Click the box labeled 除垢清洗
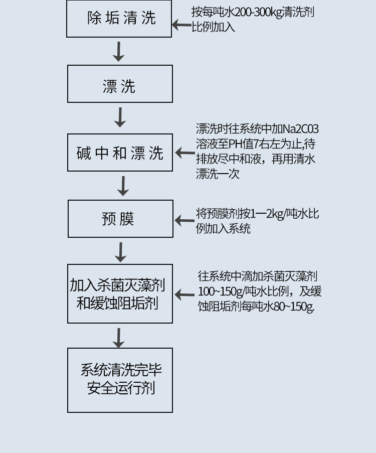pos(119,19)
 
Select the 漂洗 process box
pos(120,84)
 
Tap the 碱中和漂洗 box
pos(120,153)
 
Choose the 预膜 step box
pos(120,219)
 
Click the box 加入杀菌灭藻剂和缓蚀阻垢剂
pos(120,293)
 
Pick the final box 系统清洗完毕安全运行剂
pos(120,380)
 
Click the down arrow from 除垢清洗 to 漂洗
pos(118,51)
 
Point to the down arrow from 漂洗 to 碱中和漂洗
pos(120,117)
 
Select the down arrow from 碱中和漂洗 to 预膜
pos(123,186)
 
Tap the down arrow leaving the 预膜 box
pos(120,252)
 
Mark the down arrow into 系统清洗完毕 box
pos(118,338)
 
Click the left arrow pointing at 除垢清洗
pos(181,24)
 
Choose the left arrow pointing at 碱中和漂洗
pos(184,153)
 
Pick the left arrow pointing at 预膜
pos(184,220)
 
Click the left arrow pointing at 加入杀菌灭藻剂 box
pos(184,295)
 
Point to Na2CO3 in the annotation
pos(303,129)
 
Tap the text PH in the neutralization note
pos(236,144)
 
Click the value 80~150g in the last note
pos(293,306)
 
